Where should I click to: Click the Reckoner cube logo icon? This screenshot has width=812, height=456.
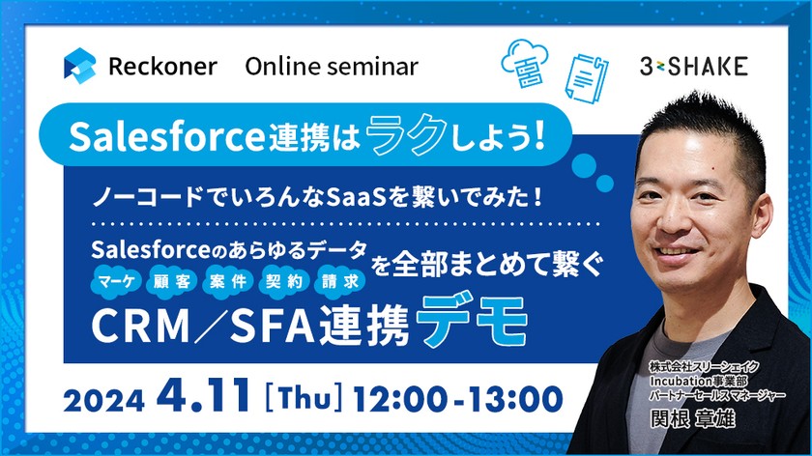tap(80, 66)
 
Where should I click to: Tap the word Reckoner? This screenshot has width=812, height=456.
tap(163, 67)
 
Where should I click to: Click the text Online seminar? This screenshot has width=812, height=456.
tap(332, 67)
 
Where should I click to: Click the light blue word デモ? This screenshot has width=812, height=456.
tap(474, 323)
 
